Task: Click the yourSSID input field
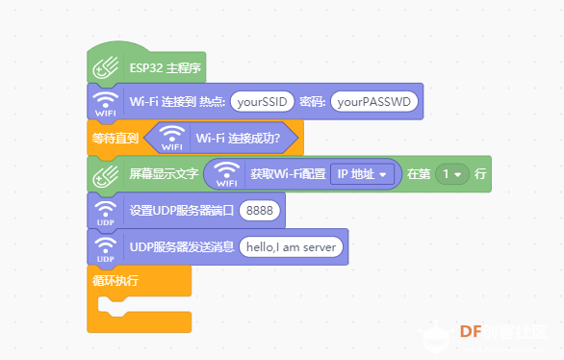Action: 262,102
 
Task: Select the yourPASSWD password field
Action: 374,102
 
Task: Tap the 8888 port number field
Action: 260,210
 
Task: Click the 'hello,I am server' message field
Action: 291,247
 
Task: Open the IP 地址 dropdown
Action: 362,174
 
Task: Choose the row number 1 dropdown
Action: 452,174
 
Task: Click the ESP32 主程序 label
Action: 166,67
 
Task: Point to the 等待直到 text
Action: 115,138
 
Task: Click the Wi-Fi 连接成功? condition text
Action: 238,138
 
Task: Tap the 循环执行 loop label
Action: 115,280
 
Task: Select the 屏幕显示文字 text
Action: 164,174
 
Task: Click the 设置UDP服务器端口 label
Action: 182,211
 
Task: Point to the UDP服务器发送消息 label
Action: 182,247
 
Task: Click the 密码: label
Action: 312,102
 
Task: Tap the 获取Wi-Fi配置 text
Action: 288,174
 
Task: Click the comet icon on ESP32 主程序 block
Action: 106,67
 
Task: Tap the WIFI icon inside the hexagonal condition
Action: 172,138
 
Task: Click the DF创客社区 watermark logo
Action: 483,336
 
